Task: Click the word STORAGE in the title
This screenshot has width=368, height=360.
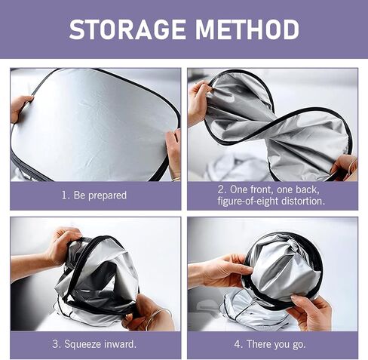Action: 127,29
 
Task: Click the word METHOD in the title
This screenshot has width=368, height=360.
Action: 247,29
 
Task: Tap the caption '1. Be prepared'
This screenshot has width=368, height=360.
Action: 94,195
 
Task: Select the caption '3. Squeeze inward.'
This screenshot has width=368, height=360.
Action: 94,344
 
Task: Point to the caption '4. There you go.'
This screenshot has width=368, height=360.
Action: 270,344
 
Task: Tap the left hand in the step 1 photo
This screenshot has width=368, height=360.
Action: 20,107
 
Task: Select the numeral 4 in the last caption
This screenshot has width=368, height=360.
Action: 238,343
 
